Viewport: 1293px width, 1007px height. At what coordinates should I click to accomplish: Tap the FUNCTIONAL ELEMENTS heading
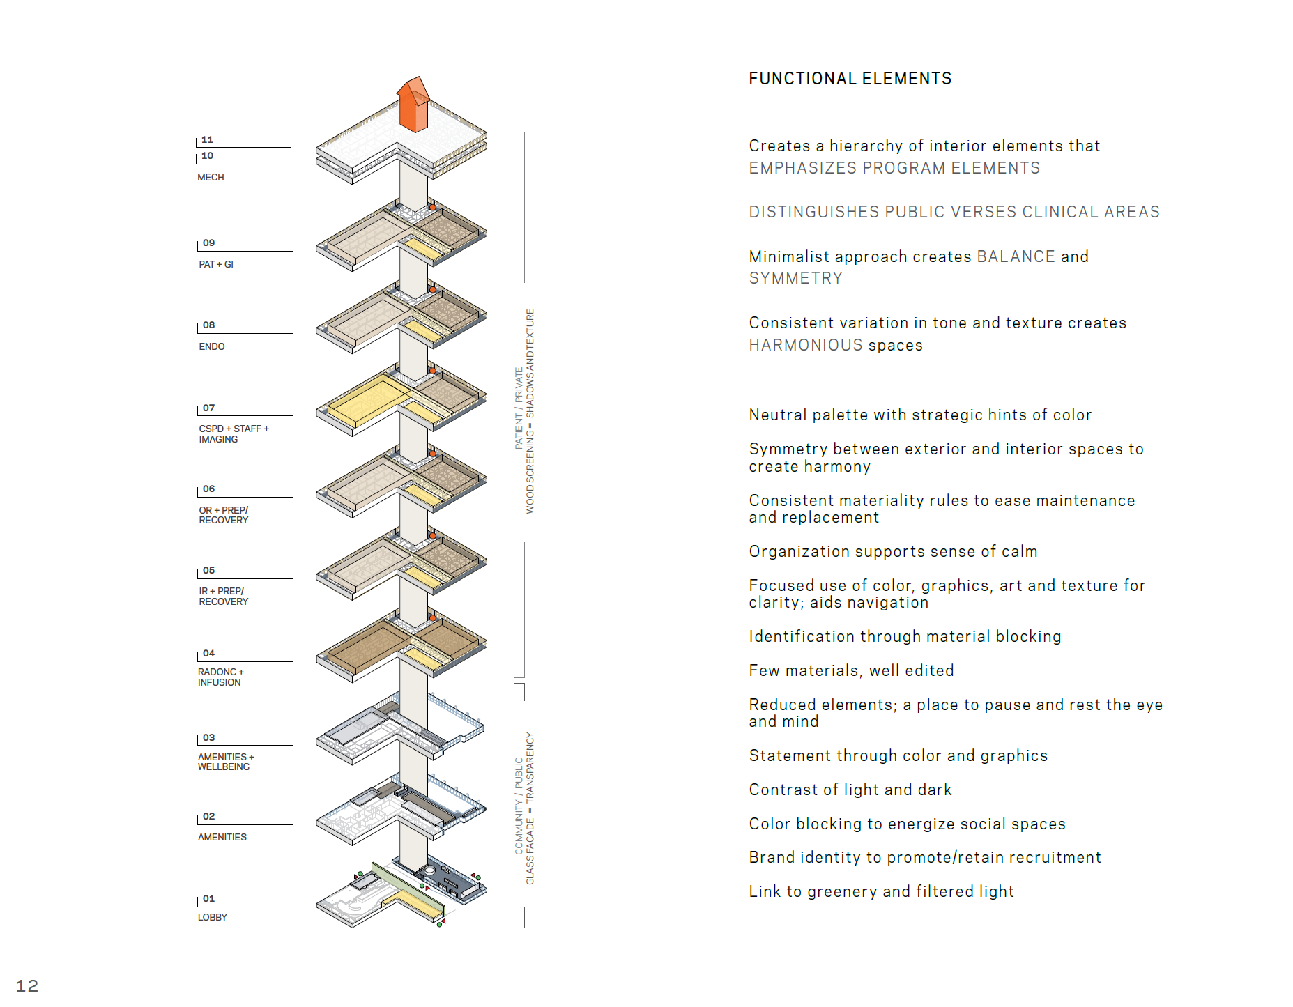tap(850, 79)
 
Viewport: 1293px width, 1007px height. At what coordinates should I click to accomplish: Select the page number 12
tap(27, 985)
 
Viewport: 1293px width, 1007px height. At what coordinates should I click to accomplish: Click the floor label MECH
tap(211, 177)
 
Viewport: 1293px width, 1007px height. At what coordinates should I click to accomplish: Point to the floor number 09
tap(209, 243)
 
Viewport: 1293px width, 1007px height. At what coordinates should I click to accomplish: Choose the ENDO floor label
tap(212, 346)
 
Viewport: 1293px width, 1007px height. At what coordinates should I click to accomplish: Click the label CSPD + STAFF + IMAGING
tap(233, 433)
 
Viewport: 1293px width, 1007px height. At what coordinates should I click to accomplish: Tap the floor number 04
tap(209, 653)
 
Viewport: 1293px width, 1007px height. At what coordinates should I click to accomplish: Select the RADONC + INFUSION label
tap(220, 677)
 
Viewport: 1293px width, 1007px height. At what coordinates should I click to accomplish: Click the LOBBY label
tap(213, 917)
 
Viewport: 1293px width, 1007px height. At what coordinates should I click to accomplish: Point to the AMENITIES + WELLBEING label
tap(225, 762)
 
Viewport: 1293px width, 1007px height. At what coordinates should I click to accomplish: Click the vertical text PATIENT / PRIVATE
tap(519, 408)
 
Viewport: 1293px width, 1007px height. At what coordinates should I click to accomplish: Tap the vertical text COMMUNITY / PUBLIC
tap(519, 805)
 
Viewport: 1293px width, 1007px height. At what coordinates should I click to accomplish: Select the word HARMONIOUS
tap(805, 345)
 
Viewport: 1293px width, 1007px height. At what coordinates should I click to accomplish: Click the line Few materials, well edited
tap(851, 670)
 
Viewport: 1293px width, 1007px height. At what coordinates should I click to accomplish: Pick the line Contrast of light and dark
tap(850, 790)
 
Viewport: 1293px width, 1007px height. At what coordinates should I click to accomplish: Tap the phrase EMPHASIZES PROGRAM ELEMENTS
tap(894, 168)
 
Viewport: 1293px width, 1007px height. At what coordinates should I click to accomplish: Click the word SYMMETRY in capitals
tap(795, 278)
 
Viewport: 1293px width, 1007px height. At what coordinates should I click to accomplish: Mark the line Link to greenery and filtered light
tap(881, 891)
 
